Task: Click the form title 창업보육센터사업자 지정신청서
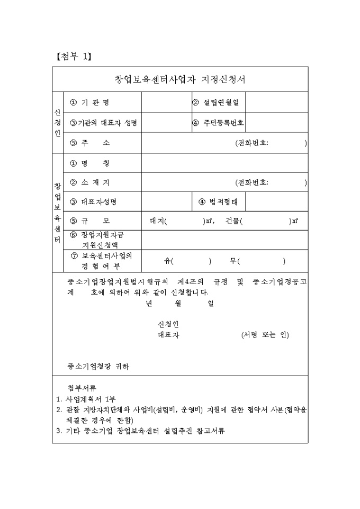[x=180, y=80]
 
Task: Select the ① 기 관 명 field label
[x=93, y=102]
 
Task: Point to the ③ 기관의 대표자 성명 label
[x=103, y=123]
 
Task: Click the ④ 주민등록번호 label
[x=218, y=123]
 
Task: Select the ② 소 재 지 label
[x=91, y=183]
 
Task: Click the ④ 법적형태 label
[x=218, y=202]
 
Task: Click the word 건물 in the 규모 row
[x=232, y=221]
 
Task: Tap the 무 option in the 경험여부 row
[x=232, y=260]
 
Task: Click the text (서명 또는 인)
[x=265, y=335]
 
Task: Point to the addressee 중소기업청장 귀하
[x=98, y=366]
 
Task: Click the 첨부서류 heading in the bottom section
[x=82, y=387]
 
